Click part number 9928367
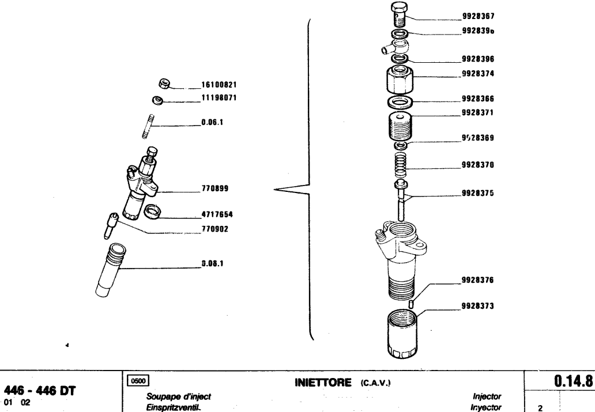click(479, 17)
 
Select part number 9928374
click(479, 74)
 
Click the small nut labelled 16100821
click(163, 84)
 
